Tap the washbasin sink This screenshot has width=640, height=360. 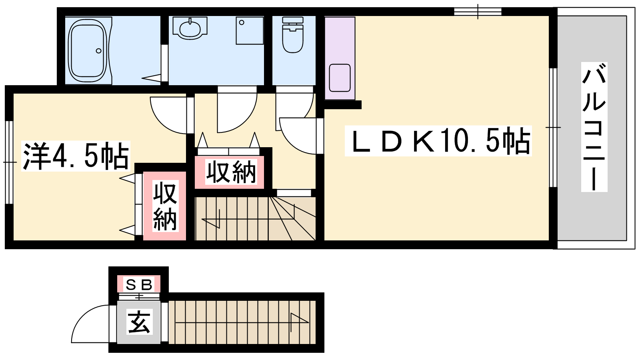tap(190, 28)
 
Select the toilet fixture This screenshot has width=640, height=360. tap(292, 34)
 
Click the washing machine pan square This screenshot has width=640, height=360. tap(250, 30)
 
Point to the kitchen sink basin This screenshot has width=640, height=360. tap(340, 78)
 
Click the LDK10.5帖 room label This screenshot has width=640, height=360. tap(438, 140)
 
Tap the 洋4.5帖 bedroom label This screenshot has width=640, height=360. tap(76, 156)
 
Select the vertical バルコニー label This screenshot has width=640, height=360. tap(594, 127)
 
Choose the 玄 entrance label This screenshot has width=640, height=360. tap(139, 322)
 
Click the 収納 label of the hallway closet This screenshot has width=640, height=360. tap(231, 172)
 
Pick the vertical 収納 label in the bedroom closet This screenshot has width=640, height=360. tap(165, 206)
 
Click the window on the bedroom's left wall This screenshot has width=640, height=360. tap(9, 162)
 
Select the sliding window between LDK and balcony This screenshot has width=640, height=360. tap(553, 128)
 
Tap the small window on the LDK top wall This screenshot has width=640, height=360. tap(478, 12)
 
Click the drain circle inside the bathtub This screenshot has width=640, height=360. tap(98, 51)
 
